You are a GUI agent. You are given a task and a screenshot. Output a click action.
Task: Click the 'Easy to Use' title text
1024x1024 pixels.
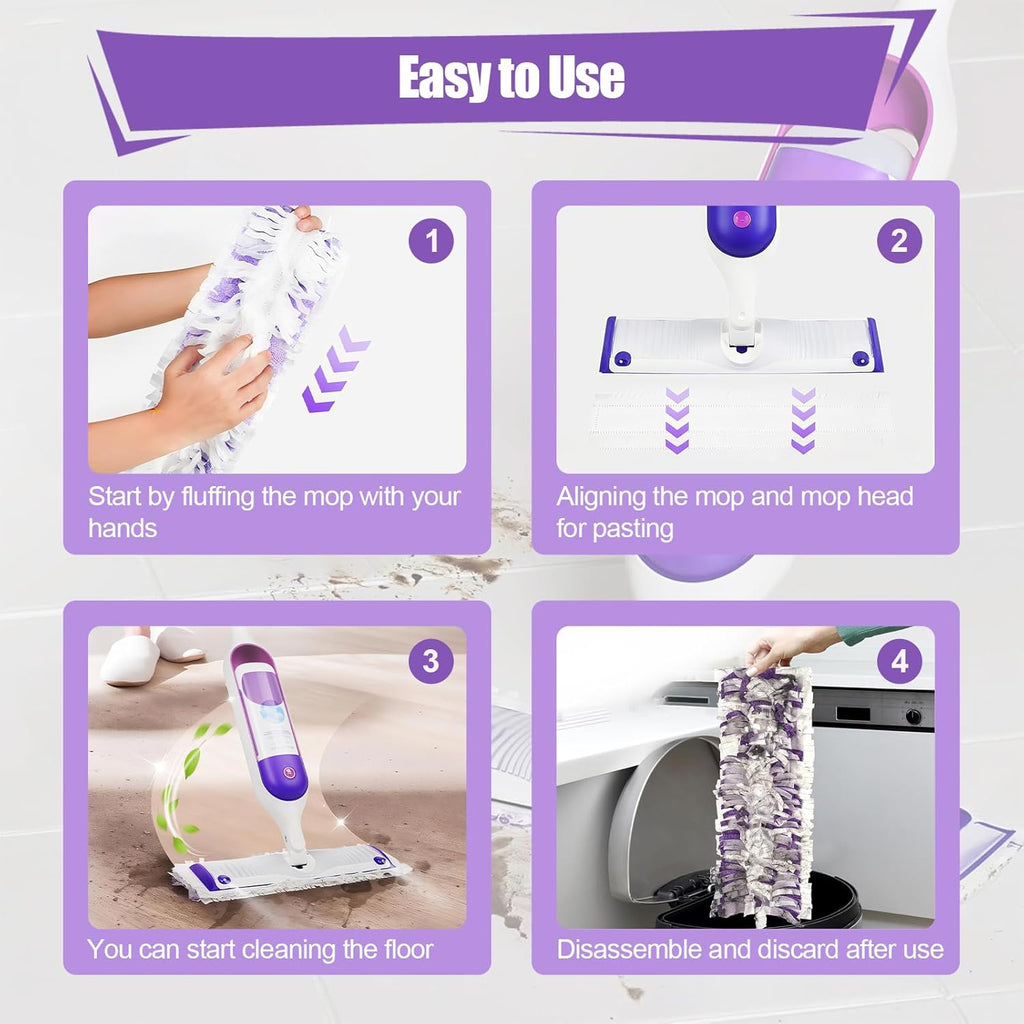511,78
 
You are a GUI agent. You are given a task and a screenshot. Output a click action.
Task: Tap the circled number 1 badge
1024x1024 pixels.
431,241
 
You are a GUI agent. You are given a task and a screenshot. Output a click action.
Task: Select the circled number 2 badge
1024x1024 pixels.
899,241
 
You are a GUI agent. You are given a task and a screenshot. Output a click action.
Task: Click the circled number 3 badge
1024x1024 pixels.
431,661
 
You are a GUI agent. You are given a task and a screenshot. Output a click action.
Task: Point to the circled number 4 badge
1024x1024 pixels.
899,661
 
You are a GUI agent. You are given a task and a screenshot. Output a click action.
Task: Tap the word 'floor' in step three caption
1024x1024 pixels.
400,949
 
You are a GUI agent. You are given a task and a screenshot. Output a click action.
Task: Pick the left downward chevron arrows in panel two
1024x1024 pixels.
678,420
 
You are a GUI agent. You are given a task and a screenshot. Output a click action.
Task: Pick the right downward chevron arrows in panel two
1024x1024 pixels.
803,420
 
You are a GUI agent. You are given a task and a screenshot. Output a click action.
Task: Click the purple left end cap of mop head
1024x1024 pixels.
608,345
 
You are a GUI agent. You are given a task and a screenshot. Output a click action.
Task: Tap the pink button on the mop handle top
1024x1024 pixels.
741,215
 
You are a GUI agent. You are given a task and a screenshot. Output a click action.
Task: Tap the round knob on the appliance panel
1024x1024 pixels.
911,716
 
